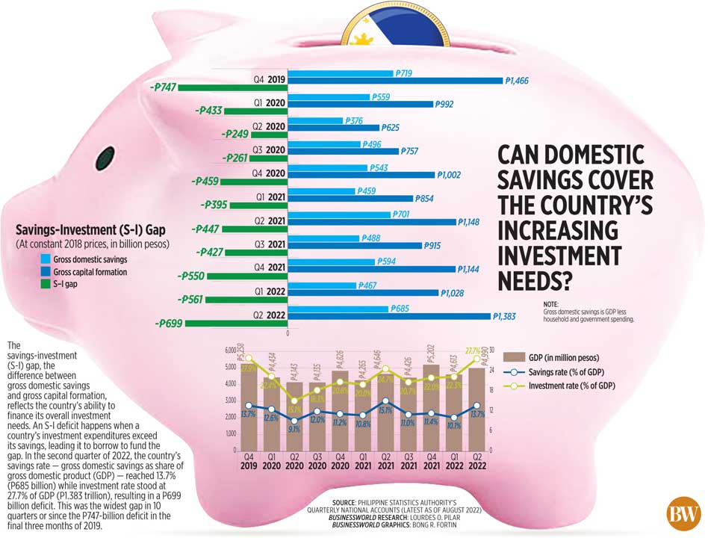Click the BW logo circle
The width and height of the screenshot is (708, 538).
(683, 516)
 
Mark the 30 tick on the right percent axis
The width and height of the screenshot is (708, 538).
(492, 350)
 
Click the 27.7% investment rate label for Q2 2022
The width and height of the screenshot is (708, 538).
(471, 350)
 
